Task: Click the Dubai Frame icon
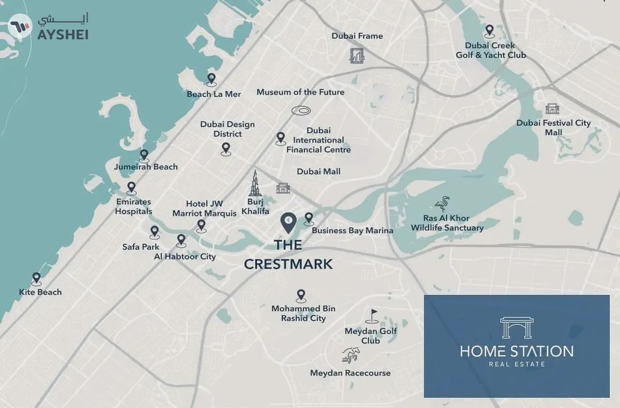click(357, 55)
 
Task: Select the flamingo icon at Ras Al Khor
click(442, 204)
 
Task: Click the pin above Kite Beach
click(36, 278)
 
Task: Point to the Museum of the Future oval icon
click(301, 110)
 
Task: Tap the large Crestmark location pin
click(288, 223)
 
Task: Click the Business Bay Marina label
click(352, 230)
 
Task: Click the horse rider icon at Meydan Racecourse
click(349, 355)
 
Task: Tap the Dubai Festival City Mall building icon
click(552, 108)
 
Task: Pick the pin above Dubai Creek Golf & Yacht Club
click(489, 31)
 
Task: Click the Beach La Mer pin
click(211, 79)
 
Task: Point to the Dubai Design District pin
click(225, 149)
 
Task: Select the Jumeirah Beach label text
click(146, 166)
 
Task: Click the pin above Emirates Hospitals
click(131, 187)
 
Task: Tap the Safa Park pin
click(154, 232)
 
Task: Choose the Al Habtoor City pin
click(181, 240)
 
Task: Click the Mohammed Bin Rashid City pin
click(301, 295)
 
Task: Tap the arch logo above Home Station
click(516, 327)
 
